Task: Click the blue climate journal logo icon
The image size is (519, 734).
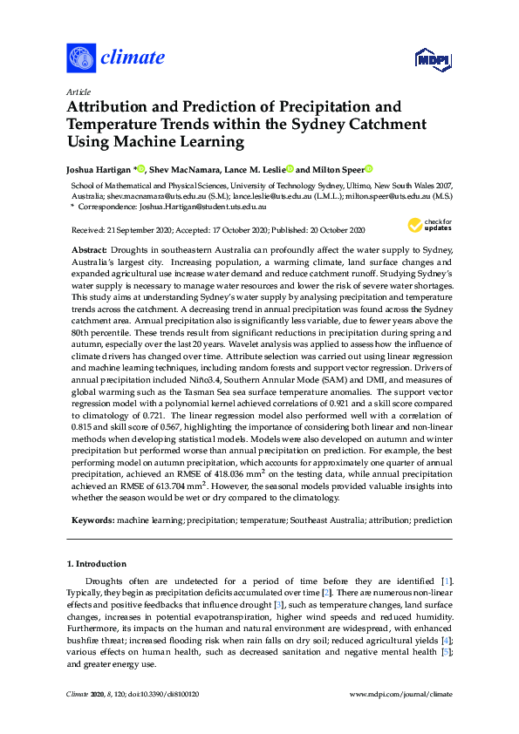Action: point(80,58)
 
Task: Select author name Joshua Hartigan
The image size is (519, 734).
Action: point(99,168)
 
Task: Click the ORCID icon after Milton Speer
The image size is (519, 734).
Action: point(368,168)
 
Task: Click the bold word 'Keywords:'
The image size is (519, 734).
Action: point(92,520)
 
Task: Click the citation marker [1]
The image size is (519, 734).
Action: point(446,581)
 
